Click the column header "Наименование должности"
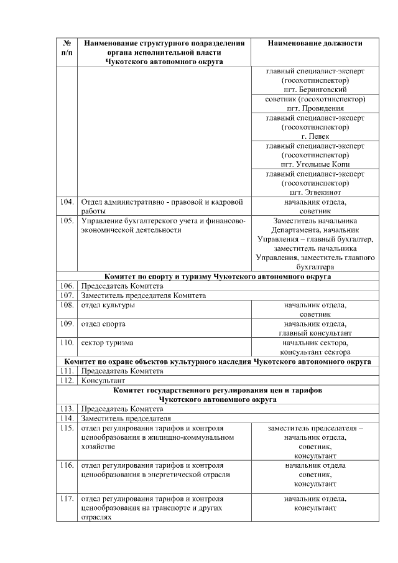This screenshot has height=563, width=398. coord(315,44)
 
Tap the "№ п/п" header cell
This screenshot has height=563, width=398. coord(66,48)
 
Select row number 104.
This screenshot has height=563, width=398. coord(66,202)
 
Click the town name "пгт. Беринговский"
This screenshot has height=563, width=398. coord(315,90)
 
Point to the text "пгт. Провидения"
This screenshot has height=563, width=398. coord(315,108)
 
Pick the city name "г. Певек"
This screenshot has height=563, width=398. coord(315,136)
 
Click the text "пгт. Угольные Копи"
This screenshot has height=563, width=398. coord(315,164)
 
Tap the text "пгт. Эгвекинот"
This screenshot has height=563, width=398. coord(315,193)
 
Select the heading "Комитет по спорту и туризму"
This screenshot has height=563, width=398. coord(217,276)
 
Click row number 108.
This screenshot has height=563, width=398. coord(66,305)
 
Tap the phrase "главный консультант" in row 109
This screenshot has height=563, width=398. coord(315,333)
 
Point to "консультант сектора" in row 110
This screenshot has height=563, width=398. coord(315,352)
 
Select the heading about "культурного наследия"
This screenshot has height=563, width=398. coord(217,361)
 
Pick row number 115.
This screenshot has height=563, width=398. coord(66,429)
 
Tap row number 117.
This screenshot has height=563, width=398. coord(66,499)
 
